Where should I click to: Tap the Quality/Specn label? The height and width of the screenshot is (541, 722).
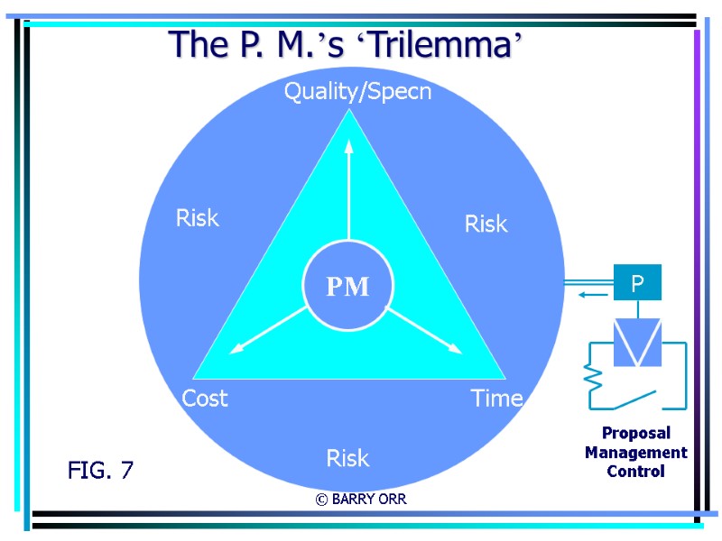pyautogui.click(x=357, y=92)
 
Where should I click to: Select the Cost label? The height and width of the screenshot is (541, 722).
pyautogui.click(x=205, y=398)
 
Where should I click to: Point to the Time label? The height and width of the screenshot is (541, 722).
pyautogui.click(x=496, y=398)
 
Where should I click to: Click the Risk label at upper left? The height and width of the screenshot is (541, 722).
pyautogui.click(x=197, y=217)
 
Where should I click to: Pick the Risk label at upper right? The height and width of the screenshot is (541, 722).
pyautogui.click(x=486, y=224)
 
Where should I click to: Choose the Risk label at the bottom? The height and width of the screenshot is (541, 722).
pyautogui.click(x=347, y=458)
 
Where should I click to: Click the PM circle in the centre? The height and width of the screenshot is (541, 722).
pyautogui.click(x=347, y=287)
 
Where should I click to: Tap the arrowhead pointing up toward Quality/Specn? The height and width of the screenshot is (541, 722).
pyautogui.click(x=348, y=144)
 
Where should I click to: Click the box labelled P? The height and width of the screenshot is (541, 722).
pyautogui.click(x=637, y=283)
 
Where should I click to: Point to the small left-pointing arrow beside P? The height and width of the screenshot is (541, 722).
pyautogui.click(x=591, y=294)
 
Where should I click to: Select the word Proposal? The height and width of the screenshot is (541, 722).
pyautogui.click(x=635, y=434)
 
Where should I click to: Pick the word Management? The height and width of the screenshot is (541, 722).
pyautogui.click(x=635, y=453)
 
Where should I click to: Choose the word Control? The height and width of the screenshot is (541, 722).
pyautogui.click(x=635, y=472)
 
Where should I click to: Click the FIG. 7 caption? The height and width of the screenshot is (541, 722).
pyautogui.click(x=100, y=470)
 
